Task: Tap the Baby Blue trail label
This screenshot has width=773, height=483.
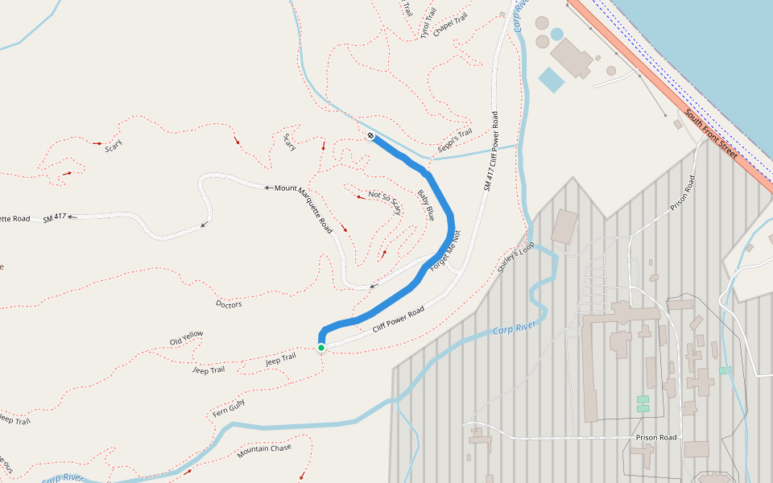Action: pyautogui.click(x=426, y=205)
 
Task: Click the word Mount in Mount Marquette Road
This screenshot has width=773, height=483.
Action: pyautogui.click(x=286, y=188)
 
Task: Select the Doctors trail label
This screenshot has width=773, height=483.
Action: pyautogui.click(x=229, y=304)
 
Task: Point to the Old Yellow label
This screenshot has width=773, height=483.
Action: pyautogui.click(x=187, y=337)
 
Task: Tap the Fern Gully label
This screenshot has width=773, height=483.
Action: pyautogui.click(x=228, y=407)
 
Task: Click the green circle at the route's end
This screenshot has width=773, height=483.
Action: pyautogui.click(x=321, y=348)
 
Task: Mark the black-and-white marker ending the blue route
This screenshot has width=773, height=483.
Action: pyautogui.click(x=370, y=135)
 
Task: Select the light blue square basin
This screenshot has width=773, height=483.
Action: pyautogui.click(x=552, y=80)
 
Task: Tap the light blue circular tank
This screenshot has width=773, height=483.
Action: pyautogui.click(x=557, y=35)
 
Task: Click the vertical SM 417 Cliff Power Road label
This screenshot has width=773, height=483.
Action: pyautogui.click(x=491, y=151)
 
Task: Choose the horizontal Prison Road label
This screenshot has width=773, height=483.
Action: pyautogui.click(x=656, y=438)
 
